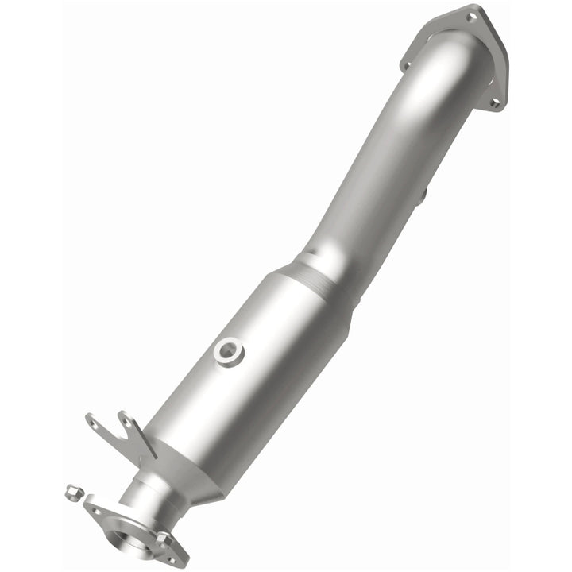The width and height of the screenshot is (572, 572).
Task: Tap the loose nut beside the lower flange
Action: pyautogui.click(x=71, y=493)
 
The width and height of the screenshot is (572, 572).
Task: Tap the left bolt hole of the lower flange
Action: pyautogui.click(x=96, y=512)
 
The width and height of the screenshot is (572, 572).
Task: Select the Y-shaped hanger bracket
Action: pyautogui.click(x=119, y=433)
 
